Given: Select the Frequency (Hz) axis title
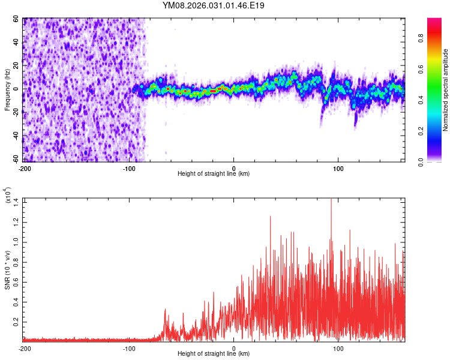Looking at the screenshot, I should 8,89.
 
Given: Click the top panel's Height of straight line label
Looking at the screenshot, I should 214,174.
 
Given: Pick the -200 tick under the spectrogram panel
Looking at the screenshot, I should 25,168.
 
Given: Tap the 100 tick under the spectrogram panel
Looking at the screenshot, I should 338,168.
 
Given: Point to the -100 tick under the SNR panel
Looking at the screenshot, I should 129,348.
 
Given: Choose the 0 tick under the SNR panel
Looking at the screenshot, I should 234,348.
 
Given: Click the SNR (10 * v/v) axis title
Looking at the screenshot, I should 8,269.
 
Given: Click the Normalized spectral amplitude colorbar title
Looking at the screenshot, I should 446,90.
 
